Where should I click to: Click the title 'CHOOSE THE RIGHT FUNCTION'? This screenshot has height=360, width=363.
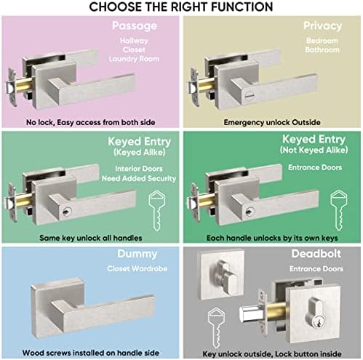coord(181,7)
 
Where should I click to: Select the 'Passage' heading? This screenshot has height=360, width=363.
coord(135,26)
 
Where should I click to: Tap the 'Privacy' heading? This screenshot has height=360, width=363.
coord(323,26)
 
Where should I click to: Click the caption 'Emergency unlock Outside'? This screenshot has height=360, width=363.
coord(271,123)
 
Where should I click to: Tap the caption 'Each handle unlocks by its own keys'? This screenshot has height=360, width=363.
coord(271,238)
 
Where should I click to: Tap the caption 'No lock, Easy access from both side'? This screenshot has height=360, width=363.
coord(90,123)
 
